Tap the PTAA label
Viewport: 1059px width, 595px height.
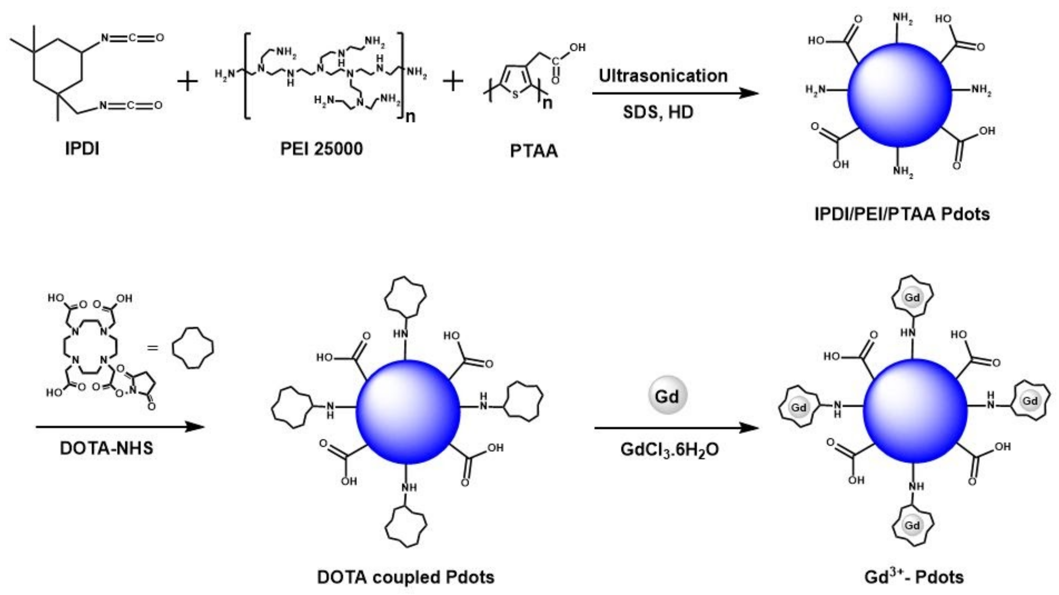click(x=534, y=151)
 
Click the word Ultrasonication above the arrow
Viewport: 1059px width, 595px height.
click(x=663, y=76)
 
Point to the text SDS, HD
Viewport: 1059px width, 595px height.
click(x=658, y=112)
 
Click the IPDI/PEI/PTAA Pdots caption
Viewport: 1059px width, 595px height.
click(x=902, y=214)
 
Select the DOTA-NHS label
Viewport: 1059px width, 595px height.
click(x=106, y=448)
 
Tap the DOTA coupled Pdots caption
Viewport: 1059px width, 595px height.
click(x=405, y=577)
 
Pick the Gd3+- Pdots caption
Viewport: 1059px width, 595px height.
click(x=914, y=577)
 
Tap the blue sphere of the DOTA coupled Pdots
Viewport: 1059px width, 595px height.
click(x=408, y=412)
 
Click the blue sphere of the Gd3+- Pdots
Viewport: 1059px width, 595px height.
click(x=915, y=411)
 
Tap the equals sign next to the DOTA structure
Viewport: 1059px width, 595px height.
click(x=152, y=348)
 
